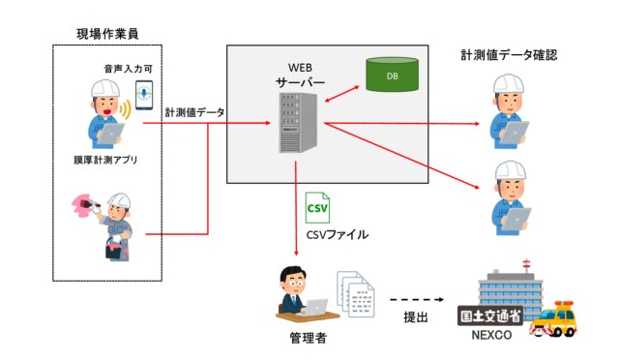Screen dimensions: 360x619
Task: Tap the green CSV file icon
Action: pyautogui.click(x=318, y=206)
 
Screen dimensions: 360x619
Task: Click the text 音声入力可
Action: pyautogui.click(x=129, y=69)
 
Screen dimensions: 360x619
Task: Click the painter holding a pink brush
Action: pyautogui.click(x=109, y=223)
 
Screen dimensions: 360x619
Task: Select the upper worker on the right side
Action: pyautogui.click(x=510, y=111)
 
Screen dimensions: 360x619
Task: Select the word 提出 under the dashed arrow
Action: pyautogui.click(x=417, y=316)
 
